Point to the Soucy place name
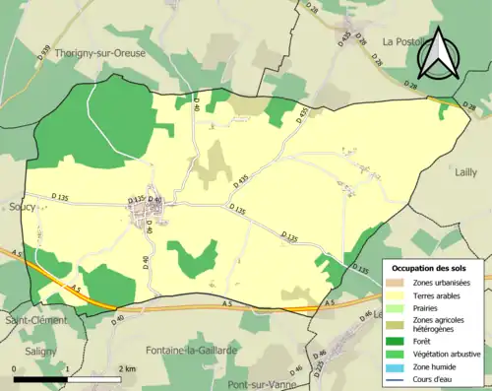[x=21, y=207]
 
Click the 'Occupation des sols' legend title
[x=431, y=268]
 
